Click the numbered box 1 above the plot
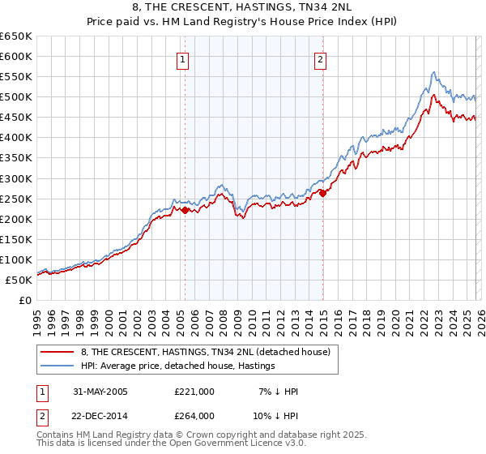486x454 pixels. point(183,59)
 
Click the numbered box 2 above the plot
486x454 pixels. point(321,59)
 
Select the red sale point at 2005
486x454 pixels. point(185,210)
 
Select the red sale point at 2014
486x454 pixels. point(322,193)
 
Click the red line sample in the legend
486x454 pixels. point(58,353)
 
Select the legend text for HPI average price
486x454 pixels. point(178,366)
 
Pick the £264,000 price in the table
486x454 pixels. point(194,416)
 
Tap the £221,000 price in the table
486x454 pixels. point(194,392)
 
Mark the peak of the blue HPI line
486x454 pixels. point(434,72)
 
